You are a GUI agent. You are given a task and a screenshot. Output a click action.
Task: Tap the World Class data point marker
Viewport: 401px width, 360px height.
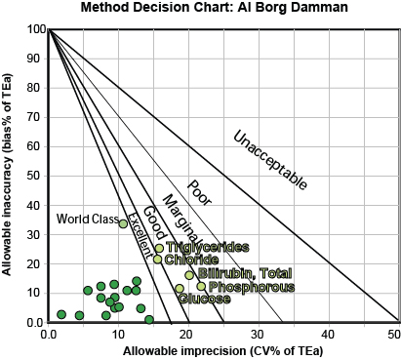(x=123, y=223)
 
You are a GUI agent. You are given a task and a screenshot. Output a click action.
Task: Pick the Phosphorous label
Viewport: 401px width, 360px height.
(x=247, y=287)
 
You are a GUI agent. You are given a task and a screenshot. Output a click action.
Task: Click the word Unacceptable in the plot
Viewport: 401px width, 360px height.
(x=270, y=159)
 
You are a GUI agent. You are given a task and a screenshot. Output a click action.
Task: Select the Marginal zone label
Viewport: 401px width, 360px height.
(x=179, y=218)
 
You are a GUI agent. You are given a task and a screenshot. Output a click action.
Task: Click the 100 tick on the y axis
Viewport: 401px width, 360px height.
(x=32, y=29)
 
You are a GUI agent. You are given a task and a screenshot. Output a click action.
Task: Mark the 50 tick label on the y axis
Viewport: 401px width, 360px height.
(x=35, y=176)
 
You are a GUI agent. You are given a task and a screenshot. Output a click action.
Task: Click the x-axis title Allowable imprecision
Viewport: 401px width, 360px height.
(x=223, y=349)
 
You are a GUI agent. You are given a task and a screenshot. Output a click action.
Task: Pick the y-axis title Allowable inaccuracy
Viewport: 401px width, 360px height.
(x=9, y=176)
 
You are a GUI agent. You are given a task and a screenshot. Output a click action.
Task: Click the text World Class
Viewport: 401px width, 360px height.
(x=86, y=219)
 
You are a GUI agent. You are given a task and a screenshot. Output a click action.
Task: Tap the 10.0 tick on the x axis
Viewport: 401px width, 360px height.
(x=117, y=335)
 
